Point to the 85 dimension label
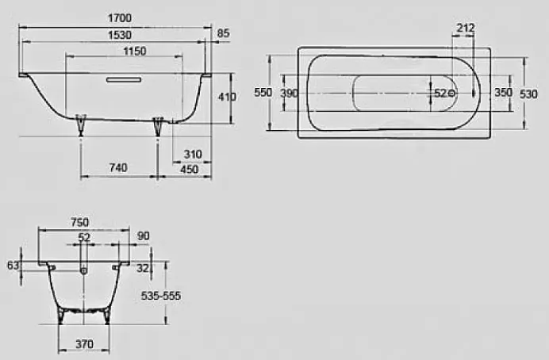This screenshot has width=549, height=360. [223, 34]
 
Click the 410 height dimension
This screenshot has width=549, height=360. [228, 97]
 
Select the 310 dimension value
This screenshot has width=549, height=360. [191, 154]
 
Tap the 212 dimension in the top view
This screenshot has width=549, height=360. [466, 29]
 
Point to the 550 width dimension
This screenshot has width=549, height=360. [263, 93]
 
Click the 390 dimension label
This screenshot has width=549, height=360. [289, 93]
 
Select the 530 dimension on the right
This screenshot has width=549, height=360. [528, 93]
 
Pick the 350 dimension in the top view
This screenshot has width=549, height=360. [503, 93]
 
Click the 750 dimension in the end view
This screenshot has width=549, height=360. [80, 222]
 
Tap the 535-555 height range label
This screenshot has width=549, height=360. [161, 296]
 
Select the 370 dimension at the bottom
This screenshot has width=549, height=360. [85, 344]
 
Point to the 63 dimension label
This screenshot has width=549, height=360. [12, 266]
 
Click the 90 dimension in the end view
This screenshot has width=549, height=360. [143, 236]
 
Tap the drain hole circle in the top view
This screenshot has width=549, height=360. [451, 94]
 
